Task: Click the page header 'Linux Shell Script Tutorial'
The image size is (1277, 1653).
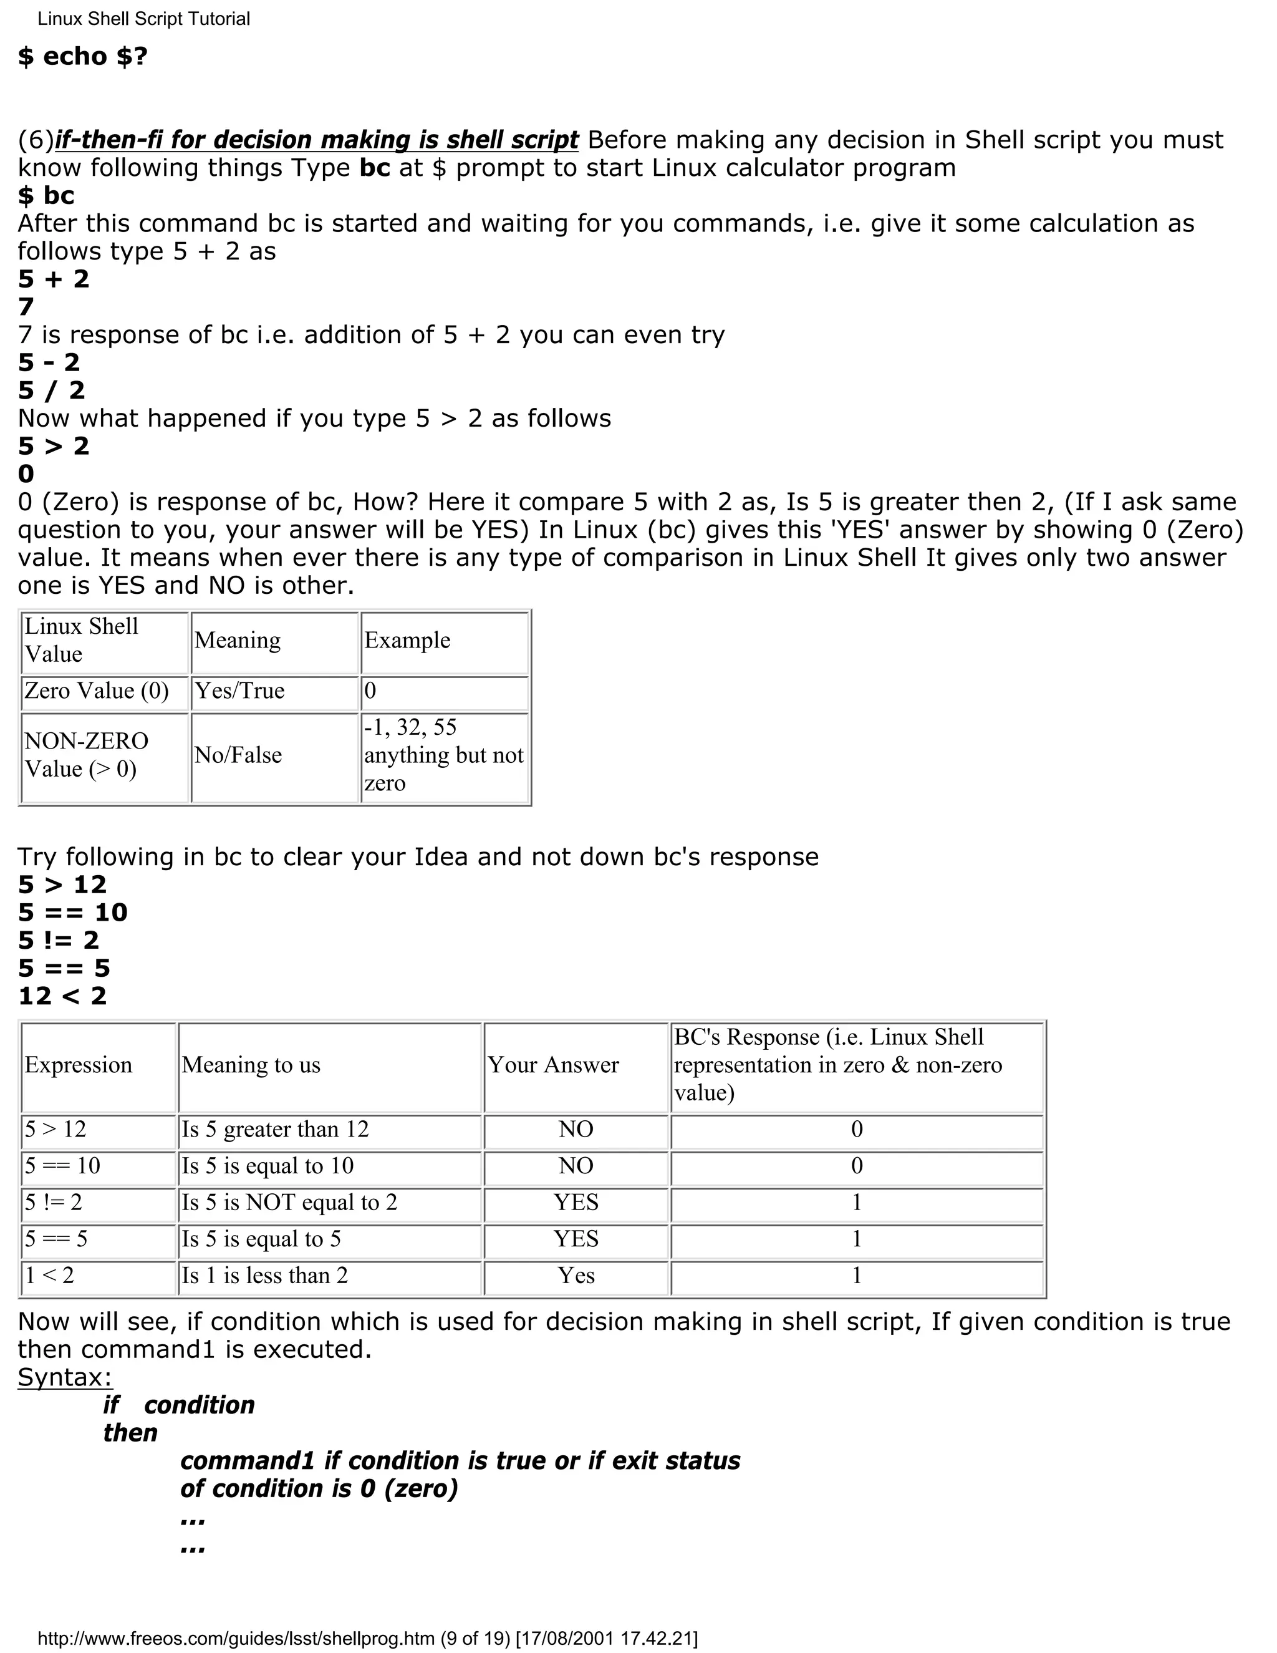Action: click(144, 19)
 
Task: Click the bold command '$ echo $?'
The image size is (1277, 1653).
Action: click(82, 57)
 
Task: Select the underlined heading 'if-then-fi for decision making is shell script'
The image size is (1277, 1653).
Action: click(316, 140)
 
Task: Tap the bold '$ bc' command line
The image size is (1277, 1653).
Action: click(46, 196)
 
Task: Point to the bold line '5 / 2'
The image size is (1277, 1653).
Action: click(52, 390)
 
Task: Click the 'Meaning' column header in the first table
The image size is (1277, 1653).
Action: click(238, 641)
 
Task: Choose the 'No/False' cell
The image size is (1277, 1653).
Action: click(238, 755)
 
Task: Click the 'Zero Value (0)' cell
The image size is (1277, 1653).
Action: click(97, 691)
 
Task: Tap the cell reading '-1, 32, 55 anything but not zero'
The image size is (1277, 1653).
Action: click(443, 755)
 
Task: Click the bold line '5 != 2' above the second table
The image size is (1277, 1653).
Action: click(59, 941)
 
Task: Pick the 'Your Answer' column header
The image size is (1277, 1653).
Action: click(553, 1065)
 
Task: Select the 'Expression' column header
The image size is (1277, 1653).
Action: click(79, 1065)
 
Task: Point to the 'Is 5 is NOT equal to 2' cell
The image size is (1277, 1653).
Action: click(289, 1203)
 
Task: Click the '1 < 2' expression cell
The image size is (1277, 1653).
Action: click(50, 1276)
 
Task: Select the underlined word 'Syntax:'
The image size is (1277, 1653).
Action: click(65, 1377)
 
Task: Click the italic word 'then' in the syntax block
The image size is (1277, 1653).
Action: click(130, 1433)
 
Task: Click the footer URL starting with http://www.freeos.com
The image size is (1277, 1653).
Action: click(367, 1639)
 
